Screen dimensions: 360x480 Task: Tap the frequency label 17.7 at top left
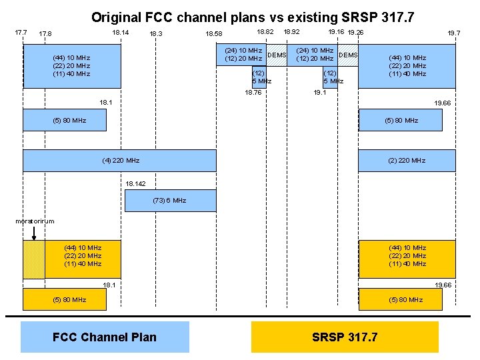pos(21,32)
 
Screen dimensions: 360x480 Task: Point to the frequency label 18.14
pos(121,32)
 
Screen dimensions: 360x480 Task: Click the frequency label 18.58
pos(214,34)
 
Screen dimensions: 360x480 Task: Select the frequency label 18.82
pos(265,31)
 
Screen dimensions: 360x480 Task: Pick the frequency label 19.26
pos(355,32)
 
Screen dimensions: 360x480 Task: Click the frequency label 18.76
pos(253,93)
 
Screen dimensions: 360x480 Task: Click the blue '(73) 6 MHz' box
pos(171,200)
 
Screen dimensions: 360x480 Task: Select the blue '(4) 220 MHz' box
pos(120,161)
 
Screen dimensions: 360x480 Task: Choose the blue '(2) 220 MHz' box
pos(407,161)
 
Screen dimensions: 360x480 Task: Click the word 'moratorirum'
pos(35,221)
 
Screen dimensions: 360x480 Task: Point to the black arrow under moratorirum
pos(34,233)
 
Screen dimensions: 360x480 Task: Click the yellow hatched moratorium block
pos(34,259)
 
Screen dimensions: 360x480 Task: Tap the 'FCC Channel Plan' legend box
pos(105,337)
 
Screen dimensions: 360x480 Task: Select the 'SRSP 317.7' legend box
pos(345,337)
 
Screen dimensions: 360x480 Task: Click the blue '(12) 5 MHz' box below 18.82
pos(259,77)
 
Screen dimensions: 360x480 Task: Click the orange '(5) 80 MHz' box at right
pos(407,299)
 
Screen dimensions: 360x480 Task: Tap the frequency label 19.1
pos(320,93)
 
